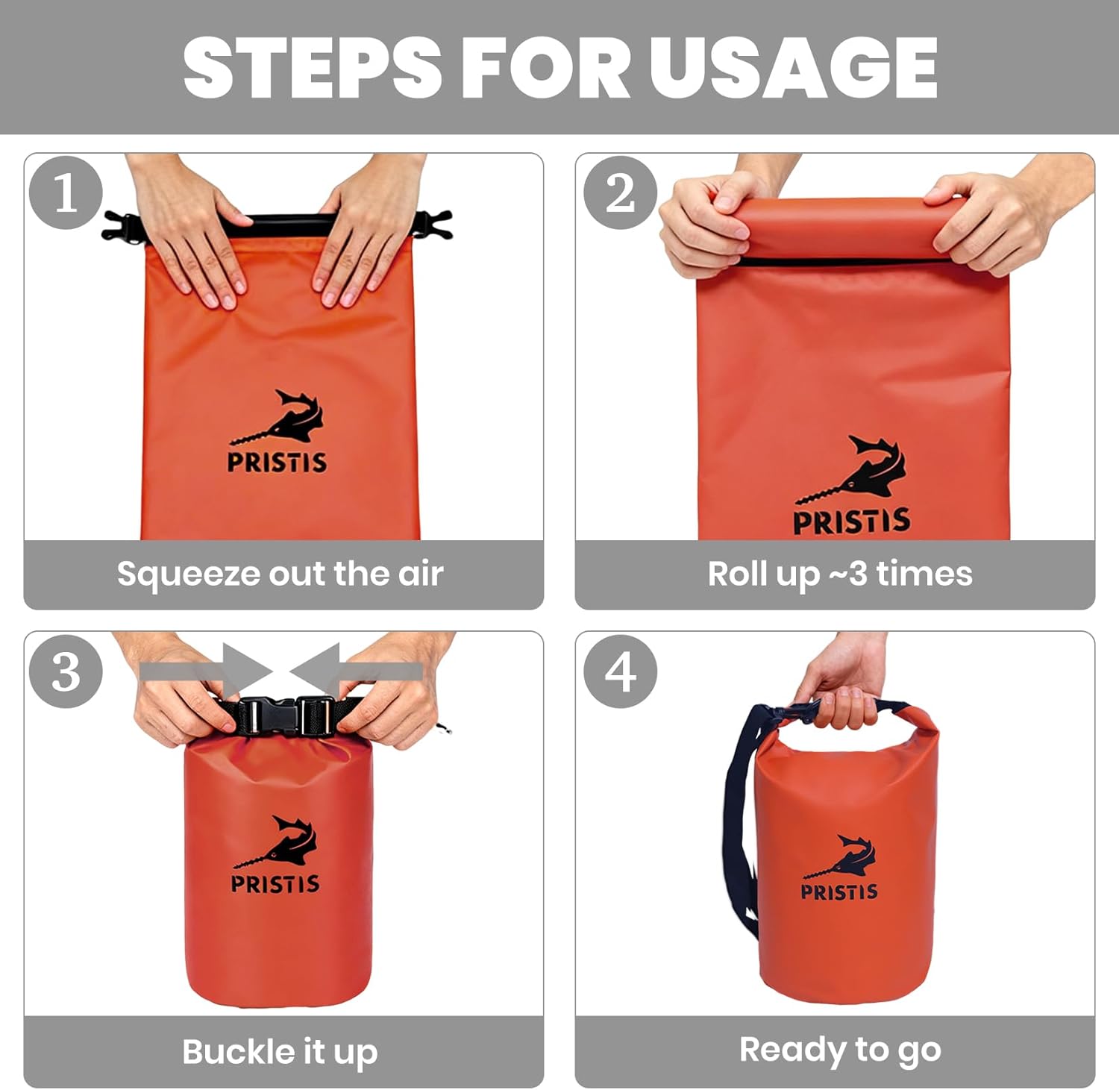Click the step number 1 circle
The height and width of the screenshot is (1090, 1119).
66,193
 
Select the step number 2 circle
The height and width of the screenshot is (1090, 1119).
620,193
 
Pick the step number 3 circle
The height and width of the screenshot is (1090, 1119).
66,671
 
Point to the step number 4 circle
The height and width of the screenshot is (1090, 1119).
620,671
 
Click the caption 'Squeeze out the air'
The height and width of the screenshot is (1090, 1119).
280,574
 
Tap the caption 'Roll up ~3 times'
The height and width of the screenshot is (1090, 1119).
840,574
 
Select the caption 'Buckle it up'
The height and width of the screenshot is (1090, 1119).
280,1052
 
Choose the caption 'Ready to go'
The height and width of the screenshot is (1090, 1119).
840,1050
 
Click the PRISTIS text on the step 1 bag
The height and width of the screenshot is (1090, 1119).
277,463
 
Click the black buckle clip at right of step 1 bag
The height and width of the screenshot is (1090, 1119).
435,225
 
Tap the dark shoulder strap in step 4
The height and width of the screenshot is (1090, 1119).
739,821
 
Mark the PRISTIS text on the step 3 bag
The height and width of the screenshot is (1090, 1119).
275,884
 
